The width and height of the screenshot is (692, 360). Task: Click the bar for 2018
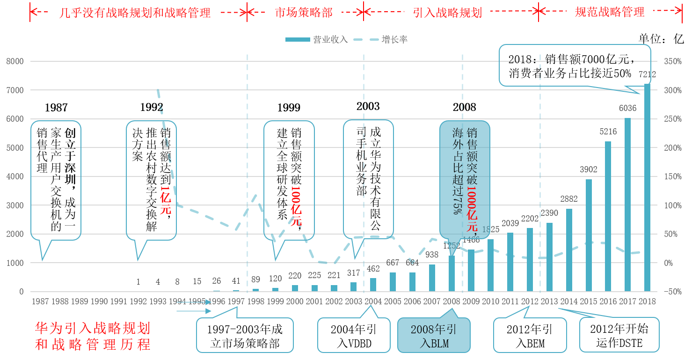(x=647, y=188)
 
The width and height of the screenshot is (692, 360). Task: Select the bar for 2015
(x=589, y=235)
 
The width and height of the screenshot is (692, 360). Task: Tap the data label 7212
(x=647, y=74)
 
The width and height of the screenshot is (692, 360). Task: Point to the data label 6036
(x=627, y=108)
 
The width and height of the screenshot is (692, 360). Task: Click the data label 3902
(x=589, y=169)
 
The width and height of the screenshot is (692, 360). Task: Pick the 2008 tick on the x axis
(x=451, y=301)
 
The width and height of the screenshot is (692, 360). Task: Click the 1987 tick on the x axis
(x=40, y=301)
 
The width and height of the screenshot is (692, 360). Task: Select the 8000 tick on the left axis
(x=15, y=61)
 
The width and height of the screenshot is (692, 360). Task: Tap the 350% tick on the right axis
(x=672, y=61)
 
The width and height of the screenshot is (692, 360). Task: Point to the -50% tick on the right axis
(x=672, y=292)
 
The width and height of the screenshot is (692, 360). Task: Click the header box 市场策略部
(x=304, y=13)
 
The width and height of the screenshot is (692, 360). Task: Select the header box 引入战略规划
(x=447, y=13)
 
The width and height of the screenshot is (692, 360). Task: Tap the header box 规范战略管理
(x=609, y=12)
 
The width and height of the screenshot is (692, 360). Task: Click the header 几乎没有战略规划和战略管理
(x=135, y=13)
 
